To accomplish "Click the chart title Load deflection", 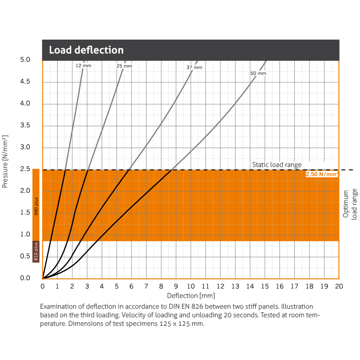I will click(86, 50).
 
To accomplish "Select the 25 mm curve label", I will click(124, 66).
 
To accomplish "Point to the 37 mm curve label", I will click(194, 67).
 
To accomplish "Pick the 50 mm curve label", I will click(258, 73).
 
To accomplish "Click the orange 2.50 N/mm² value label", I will click(322, 174).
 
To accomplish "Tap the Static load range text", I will click(277, 165).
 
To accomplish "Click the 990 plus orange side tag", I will click(36, 205).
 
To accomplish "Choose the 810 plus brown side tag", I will click(36, 251).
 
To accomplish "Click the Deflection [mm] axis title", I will click(191, 296).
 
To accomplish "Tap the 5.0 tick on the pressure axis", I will click(25, 60).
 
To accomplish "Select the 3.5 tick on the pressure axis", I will click(25, 126).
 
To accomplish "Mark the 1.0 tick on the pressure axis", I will click(25, 234).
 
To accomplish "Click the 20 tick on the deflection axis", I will click(339, 286).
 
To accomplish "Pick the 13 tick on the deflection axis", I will click(235, 286).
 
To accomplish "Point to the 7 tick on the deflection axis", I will click(146, 286).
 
